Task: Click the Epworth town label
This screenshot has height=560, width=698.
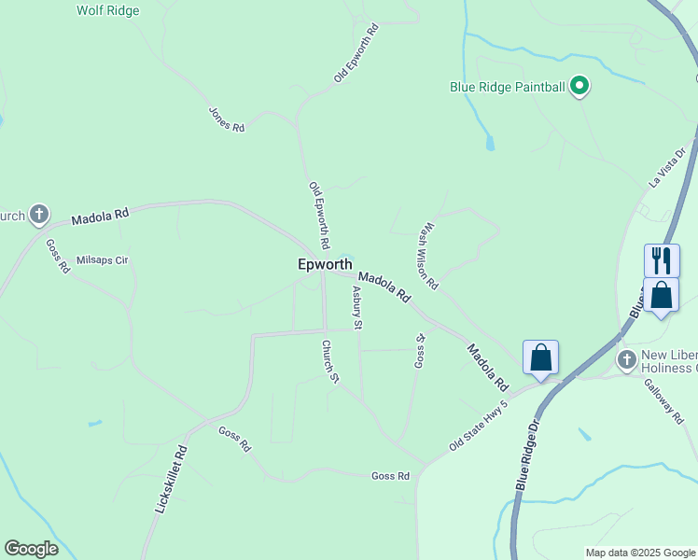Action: tap(325, 264)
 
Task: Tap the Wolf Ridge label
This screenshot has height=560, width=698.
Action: tap(107, 11)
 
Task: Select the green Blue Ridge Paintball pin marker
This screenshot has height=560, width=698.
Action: tap(579, 87)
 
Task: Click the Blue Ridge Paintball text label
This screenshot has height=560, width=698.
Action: tap(508, 88)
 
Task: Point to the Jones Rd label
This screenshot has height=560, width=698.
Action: tap(226, 119)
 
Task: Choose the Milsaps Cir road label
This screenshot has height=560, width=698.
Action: tap(102, 260)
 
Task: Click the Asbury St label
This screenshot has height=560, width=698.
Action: tap(356, 308)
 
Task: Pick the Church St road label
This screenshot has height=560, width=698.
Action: tap(329, 361)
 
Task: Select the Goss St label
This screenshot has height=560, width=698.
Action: tap(420, 350)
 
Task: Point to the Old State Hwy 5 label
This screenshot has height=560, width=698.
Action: tap(478, 426)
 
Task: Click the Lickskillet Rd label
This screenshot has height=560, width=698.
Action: tap(169, 482)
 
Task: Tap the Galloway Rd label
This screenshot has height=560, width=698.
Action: tap(664, 401)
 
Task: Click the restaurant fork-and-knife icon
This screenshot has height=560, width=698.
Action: tap(662, 259)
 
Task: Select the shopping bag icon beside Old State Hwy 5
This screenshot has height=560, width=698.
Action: tap(540, 356)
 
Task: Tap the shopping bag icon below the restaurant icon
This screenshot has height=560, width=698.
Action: tap(661, 295)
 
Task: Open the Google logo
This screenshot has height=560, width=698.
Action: tap(31, 549)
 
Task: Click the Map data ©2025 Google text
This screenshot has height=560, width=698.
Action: tap(639, 553)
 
